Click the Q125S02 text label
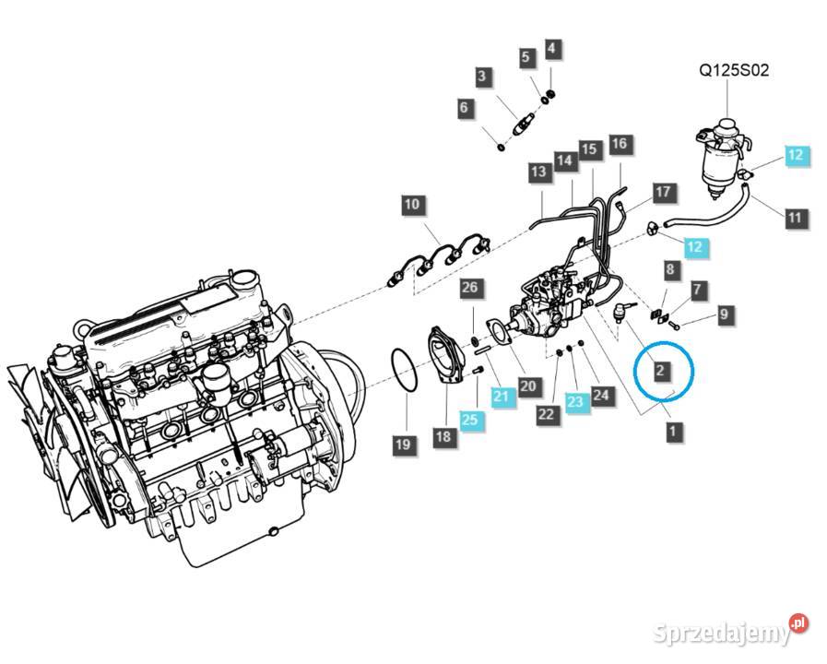733,69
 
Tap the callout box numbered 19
403,445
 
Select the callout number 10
412,205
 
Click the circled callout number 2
660,371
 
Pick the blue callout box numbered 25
470,421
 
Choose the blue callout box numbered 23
574,400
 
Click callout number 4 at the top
550,47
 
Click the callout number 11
795,219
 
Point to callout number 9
725,315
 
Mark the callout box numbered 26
470,289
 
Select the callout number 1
673,431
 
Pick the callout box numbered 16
619,143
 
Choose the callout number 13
538,171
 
